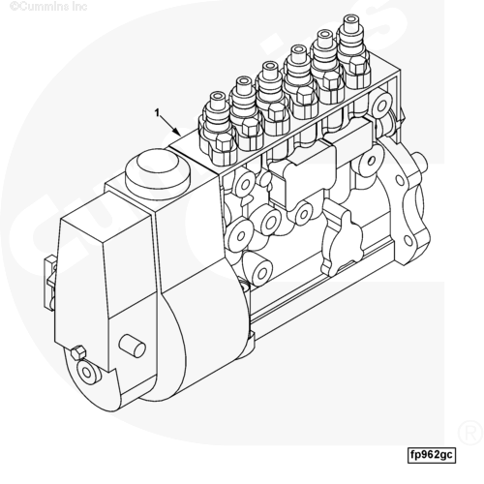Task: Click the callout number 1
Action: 157,113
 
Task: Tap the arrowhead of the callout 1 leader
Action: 177,132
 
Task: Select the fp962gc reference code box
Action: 432,455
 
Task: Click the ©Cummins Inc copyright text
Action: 48,6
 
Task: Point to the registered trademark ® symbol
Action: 470,433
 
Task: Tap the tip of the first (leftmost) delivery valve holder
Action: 217,97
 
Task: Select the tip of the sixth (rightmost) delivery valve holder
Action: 351,19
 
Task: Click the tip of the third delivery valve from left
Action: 270,67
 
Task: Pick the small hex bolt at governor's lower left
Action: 78,352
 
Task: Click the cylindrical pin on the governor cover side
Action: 133,346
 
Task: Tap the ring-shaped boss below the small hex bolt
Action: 87,372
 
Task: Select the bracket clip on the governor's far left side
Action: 49,283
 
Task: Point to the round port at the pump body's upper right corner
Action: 381,106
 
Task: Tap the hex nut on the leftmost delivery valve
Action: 224,142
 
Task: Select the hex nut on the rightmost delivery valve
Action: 357,66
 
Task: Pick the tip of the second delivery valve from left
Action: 244,81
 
